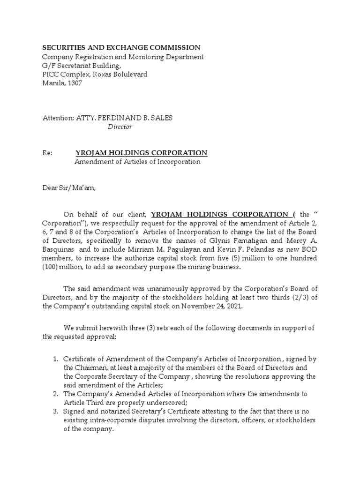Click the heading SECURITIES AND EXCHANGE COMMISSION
coord(121,47)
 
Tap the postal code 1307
coord(74,83)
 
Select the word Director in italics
coord(120,127)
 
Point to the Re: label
coord(47,153)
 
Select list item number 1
coord(55,359)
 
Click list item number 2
coord(55,394)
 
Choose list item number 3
coord(55,412)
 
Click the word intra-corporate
coord(112,420)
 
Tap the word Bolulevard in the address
coord(130,74)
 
